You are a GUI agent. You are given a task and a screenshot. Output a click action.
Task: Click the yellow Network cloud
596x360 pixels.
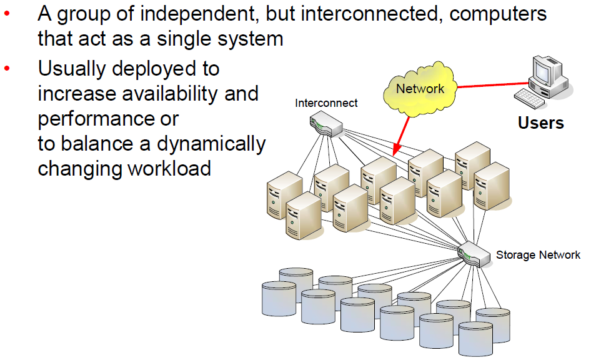(420, 89)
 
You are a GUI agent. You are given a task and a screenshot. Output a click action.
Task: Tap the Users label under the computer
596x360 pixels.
(540, 122)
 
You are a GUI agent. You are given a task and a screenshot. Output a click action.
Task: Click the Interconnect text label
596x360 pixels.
(326, 103)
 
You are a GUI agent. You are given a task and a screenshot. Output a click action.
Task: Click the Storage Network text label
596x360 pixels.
(538, 255)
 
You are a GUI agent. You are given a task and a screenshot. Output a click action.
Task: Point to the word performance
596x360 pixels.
(108, 119)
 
